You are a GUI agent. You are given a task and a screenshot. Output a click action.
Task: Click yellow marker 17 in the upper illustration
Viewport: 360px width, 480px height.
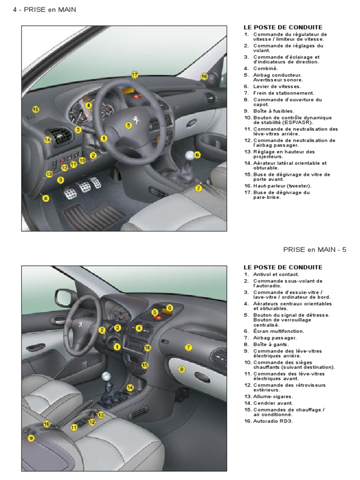point(135,75)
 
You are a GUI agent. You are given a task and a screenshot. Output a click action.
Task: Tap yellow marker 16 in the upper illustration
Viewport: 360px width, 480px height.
point(204,76)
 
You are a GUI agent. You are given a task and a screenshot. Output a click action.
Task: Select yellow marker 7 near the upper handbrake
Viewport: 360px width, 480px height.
point(199,188)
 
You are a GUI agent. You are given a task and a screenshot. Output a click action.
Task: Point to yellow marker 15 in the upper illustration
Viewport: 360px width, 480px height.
point(36,109)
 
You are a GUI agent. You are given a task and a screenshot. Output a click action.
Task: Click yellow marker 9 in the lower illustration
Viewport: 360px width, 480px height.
point(31,438)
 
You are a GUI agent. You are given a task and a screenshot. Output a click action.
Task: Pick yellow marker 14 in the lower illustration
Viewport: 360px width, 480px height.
point(130,387)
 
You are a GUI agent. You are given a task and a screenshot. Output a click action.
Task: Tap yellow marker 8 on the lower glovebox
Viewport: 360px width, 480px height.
point(182,369)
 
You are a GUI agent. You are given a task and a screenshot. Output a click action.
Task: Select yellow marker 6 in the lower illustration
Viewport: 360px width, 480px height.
point(170,307)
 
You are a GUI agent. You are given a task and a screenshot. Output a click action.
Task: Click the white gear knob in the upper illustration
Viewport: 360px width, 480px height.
point(190,156)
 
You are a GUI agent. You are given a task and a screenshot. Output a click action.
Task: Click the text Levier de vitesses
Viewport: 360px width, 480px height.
point(277,86)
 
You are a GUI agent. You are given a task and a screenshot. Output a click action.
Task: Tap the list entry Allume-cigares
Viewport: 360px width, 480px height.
point(272,397)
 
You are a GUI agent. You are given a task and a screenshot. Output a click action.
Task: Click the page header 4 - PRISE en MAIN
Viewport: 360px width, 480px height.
point(44,9)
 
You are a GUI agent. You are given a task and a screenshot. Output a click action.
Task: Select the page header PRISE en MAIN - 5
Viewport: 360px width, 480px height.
point(315,249)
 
